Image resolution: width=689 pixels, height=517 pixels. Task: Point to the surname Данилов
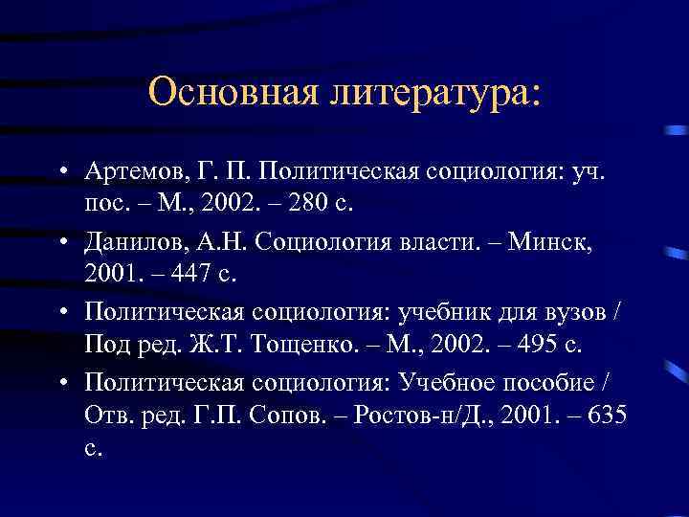[x=130, y=240]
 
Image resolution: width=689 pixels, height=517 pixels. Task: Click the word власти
[x=437, y=240]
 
